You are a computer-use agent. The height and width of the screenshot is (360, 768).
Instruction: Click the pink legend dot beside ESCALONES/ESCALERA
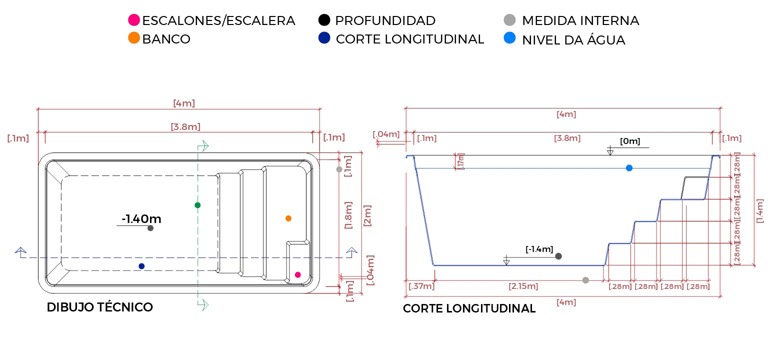click(134, 20)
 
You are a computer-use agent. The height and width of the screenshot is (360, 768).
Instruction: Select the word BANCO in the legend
click(166, 39)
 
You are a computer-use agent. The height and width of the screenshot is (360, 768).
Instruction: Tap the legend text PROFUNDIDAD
click(385, 20)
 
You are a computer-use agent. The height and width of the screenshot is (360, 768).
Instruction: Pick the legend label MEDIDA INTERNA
click(580, 20)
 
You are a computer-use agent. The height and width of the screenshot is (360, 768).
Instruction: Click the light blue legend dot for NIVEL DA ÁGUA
click(510, 38)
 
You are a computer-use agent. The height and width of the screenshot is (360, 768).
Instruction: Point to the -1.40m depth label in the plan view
click(141, 218)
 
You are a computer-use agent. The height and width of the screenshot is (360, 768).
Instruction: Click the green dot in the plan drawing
click(197, 205)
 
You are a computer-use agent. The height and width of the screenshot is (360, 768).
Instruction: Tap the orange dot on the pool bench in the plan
click(288, 218)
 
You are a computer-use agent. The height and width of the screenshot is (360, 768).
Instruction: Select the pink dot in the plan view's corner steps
click(298, 274)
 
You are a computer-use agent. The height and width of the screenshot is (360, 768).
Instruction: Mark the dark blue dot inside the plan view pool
click(141, 266)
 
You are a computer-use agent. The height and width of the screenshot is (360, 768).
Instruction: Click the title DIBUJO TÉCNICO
click(99, 307)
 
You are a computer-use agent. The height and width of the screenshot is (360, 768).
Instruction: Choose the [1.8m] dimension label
click(349, 215)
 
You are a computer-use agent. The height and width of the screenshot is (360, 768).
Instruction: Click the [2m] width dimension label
click(367, 215)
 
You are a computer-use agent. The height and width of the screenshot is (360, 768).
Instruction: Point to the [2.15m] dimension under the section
click(523, 286)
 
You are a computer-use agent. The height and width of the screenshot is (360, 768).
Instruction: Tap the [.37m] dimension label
click(421, 286)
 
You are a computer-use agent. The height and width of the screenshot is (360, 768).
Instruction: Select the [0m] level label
click(630, 141)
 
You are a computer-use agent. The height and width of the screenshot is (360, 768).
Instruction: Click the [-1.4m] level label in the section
click(539, 249)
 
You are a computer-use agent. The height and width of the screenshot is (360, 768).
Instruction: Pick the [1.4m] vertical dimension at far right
click(760, 210)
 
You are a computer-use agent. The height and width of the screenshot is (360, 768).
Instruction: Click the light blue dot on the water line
click(629, 168)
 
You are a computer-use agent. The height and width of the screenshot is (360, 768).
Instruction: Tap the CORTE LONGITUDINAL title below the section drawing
click(469, 308)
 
